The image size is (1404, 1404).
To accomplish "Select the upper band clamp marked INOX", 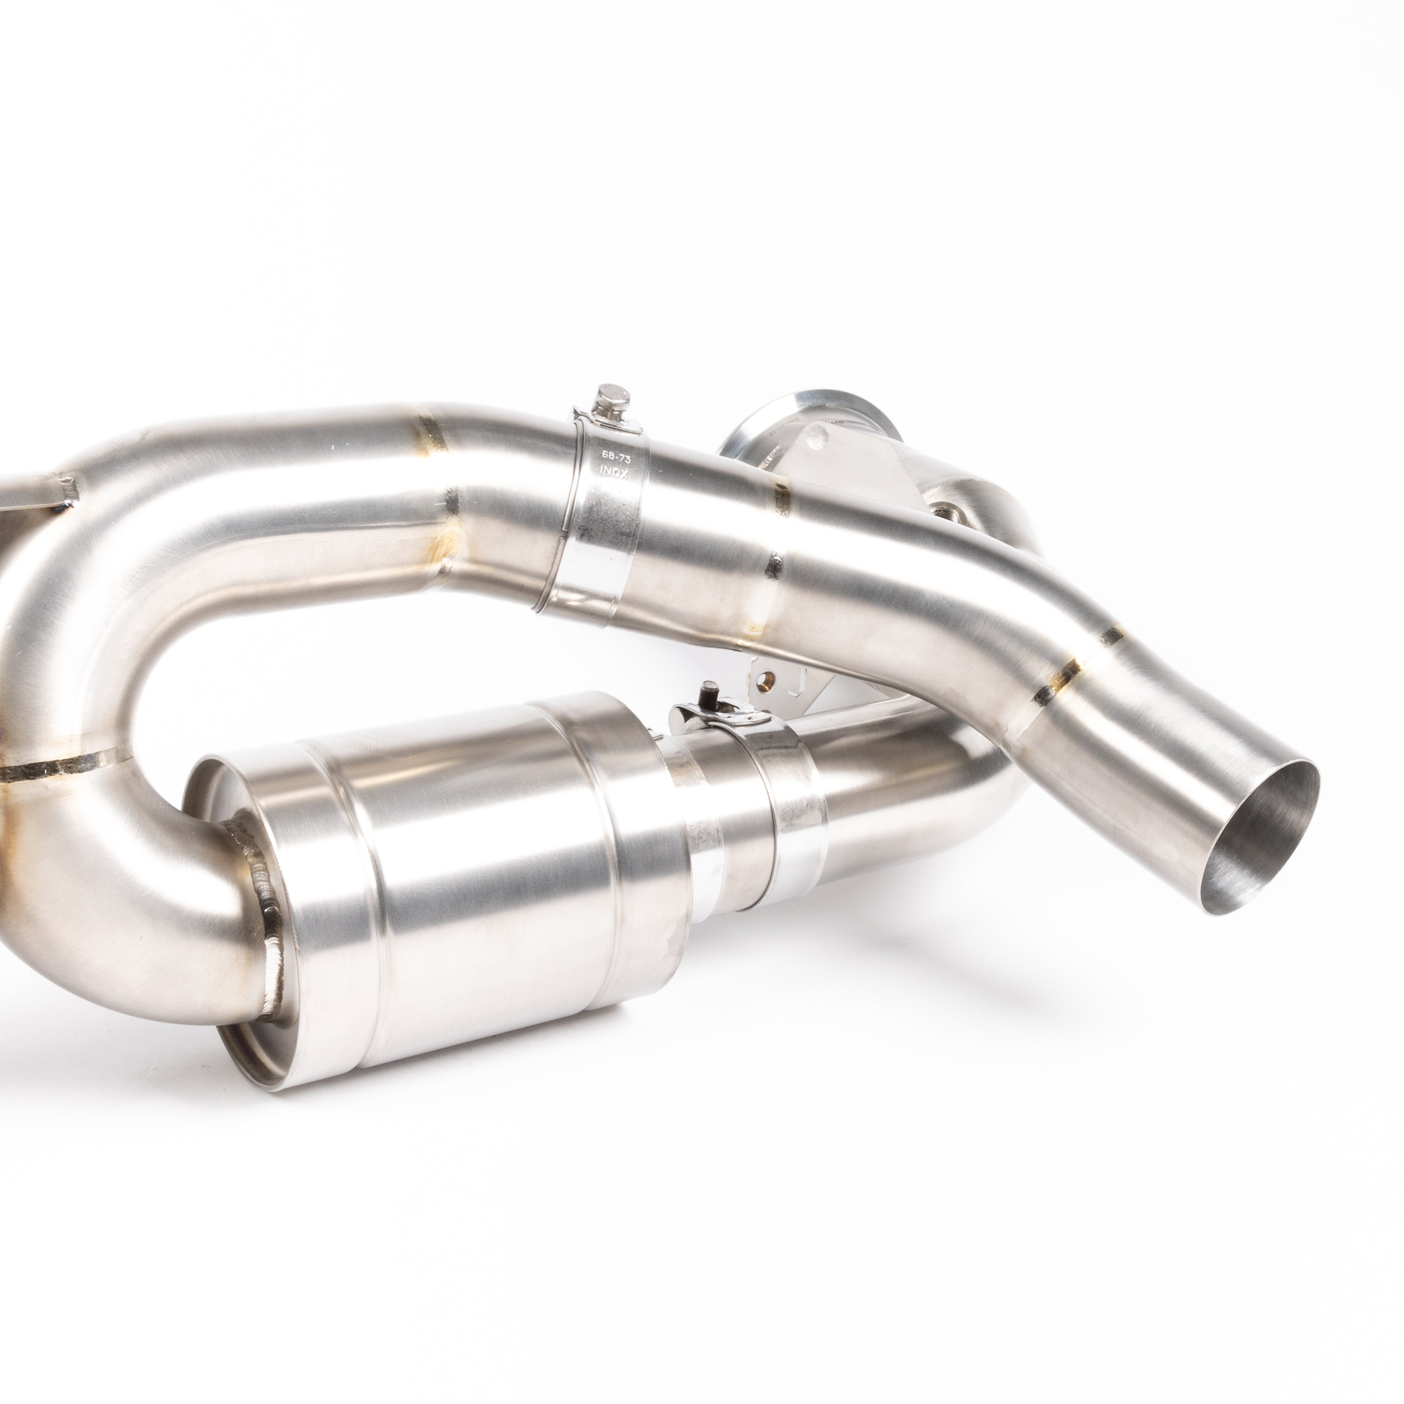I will point(596,509).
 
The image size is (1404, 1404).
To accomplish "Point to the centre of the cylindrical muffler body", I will point(465,894).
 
